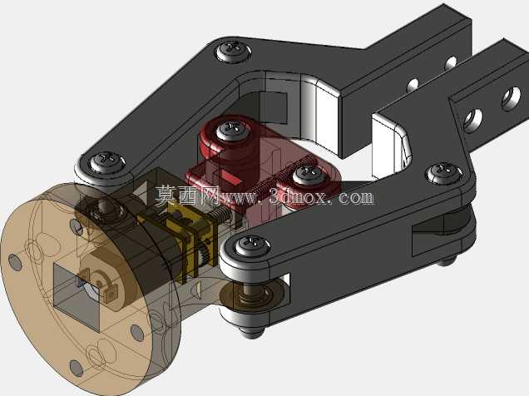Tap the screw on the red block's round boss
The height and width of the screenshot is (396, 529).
pos(231,131)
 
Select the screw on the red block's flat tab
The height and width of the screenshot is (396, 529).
pos(309,175)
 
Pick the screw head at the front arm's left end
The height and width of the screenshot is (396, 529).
pos(252,246)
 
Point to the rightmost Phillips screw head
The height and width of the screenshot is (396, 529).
pos(445,173)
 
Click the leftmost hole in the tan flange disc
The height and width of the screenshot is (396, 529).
pos(15,262)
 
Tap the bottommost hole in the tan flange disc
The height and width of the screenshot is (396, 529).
pos(77,369)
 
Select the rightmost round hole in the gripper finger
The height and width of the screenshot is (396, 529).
pos(512,98)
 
